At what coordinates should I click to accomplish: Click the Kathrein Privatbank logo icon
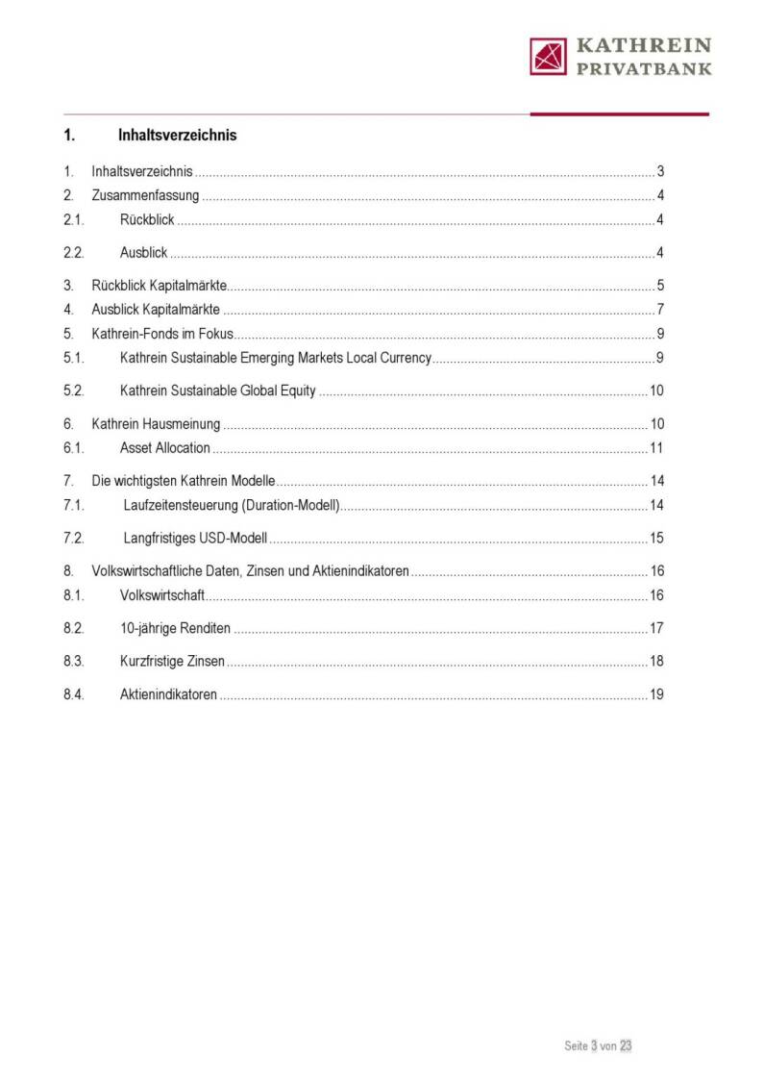(549, 56)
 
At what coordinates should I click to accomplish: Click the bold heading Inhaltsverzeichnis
(177, 135)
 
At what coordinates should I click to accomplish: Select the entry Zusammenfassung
(145, 196)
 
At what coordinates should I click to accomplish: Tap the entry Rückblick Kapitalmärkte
(159, 286)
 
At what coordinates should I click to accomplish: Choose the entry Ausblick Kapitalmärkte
(156, 310)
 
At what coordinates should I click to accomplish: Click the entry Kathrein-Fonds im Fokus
(162, 335)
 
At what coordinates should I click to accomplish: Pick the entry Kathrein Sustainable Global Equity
(218, 390)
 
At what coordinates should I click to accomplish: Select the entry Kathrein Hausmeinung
(156, 424)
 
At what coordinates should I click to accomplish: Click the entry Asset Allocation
(165, 448)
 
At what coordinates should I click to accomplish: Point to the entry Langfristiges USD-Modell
(195, 538)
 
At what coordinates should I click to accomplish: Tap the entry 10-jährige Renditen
(175, 629)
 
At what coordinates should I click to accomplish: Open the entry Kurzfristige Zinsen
(173, 662)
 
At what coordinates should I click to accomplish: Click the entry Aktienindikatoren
(168, 694)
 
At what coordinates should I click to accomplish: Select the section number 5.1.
(74, 359)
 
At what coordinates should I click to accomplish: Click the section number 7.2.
(74, 538)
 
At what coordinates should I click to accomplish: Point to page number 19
(657, 694)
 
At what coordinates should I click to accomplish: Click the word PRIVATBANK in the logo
(644, 68)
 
